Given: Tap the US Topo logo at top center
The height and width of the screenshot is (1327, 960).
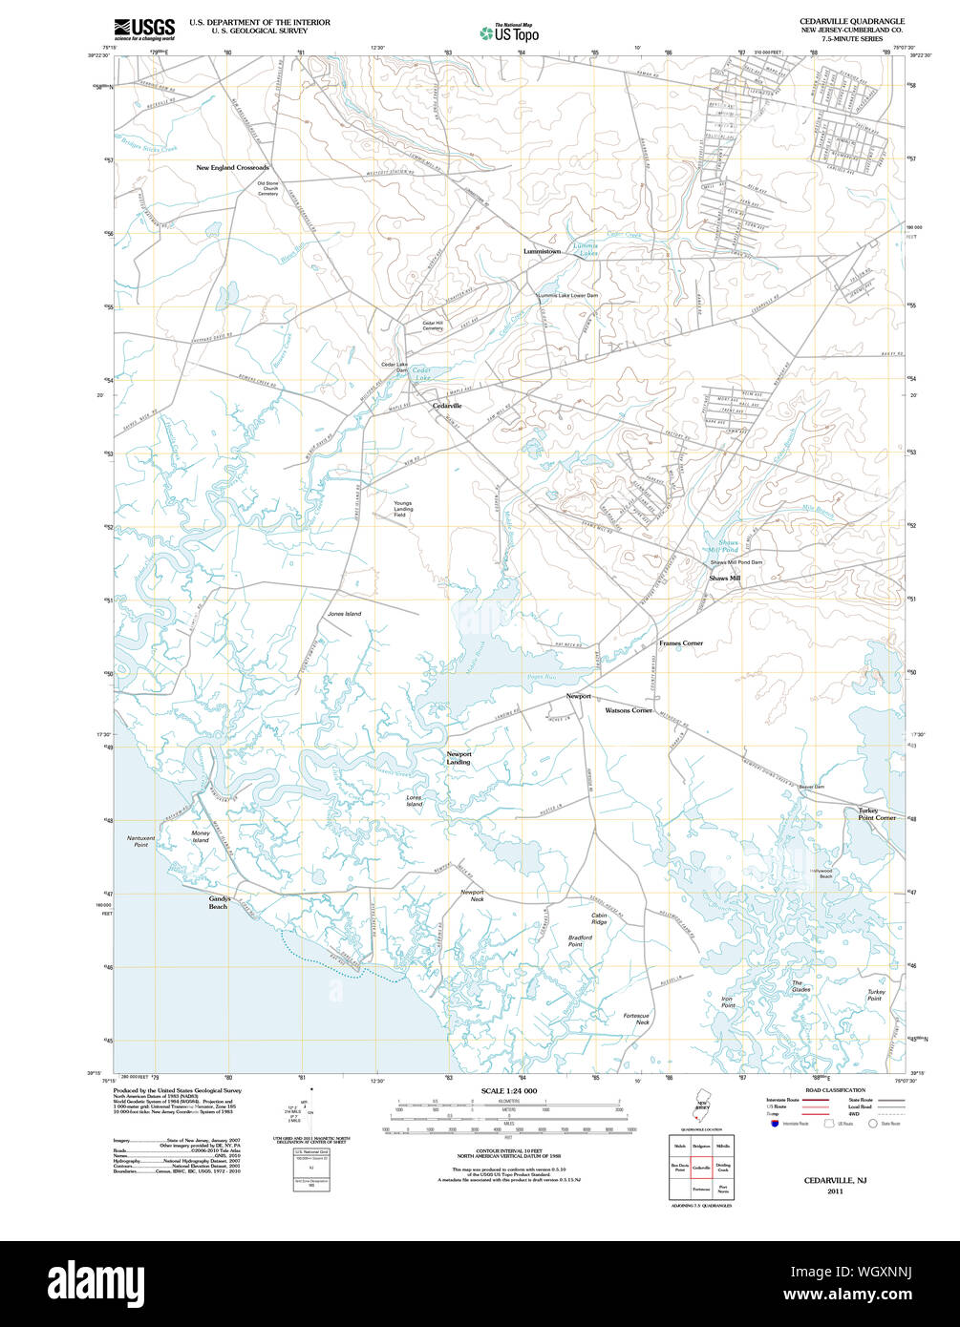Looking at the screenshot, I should pos(510,33).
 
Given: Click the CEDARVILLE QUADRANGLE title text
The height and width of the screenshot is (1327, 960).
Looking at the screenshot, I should pos(852,20).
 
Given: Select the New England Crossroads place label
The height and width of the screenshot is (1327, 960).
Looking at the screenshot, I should pos(232,168).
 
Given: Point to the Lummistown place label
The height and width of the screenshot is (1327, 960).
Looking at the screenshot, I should pos(542,251).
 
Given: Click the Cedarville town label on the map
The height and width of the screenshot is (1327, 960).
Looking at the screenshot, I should pos(447,406).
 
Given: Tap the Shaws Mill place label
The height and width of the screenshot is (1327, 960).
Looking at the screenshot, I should pos(724,578).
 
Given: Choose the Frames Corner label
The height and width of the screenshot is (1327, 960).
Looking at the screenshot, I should pos(680,643).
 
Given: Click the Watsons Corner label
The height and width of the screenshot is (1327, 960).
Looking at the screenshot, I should pos(629,710).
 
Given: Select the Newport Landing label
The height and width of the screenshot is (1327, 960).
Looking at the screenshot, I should pos(459,758).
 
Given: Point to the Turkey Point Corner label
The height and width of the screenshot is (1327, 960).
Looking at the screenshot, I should pos(876,814).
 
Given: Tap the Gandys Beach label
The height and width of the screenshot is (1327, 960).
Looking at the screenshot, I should pos(219,902).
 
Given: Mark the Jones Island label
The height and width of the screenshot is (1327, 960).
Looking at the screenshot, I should pos(344,614).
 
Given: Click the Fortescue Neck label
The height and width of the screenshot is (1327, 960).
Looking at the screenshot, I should pos(636,1019).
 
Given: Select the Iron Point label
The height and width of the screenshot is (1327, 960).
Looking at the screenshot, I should pos(728,1001).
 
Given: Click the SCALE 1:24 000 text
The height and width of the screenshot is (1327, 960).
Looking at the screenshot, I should pos(509,1090).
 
